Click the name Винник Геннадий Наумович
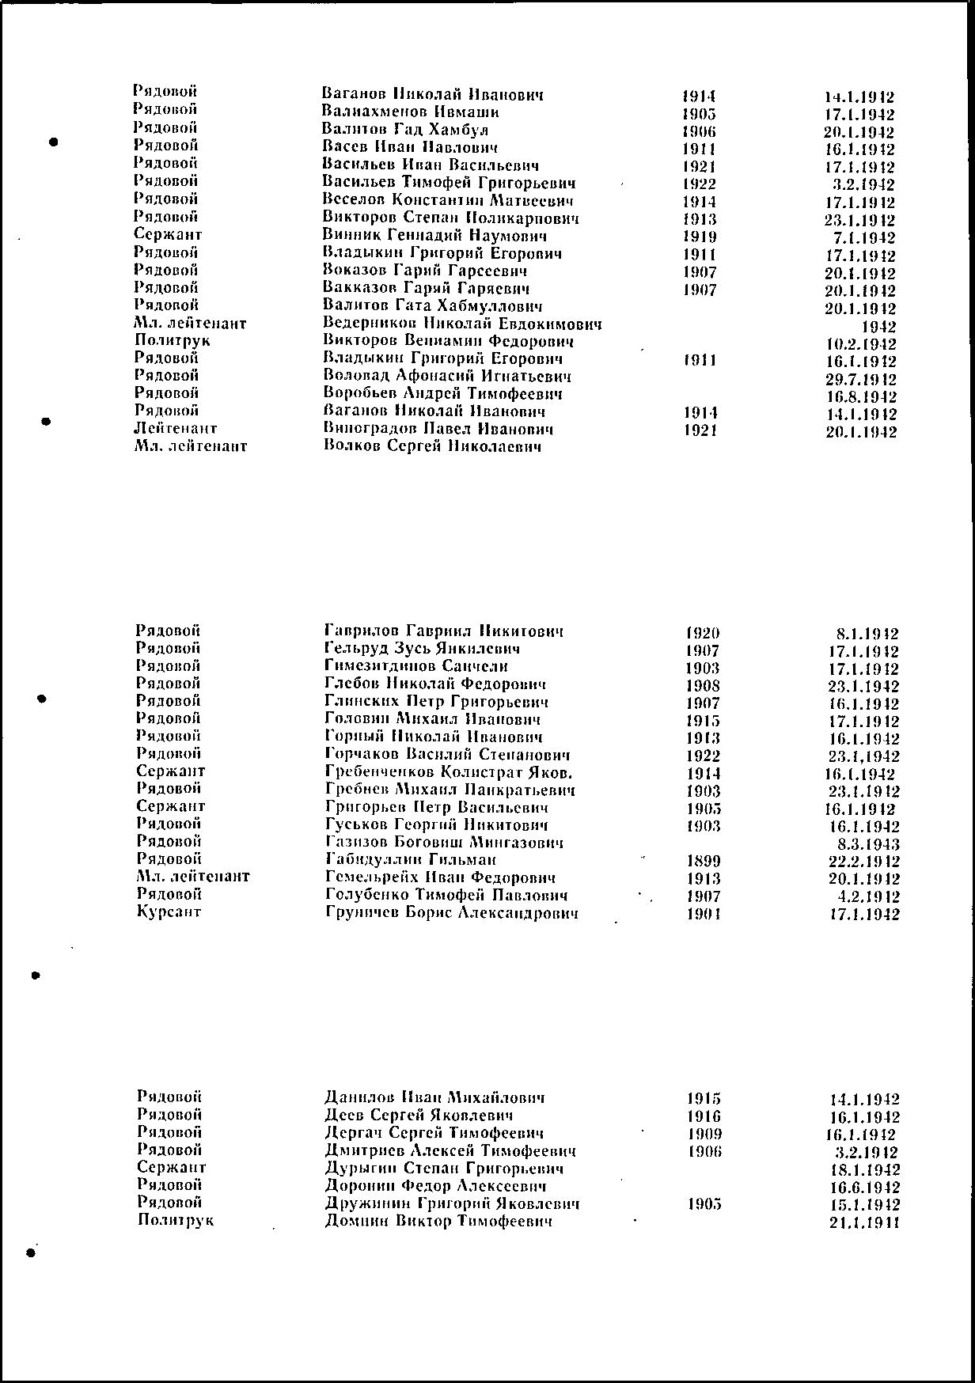435,236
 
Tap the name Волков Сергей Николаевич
433,447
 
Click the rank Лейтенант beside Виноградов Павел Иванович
175,429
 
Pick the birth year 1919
700,237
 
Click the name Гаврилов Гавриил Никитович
444,631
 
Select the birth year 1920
703,633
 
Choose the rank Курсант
169,911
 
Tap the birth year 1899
704,861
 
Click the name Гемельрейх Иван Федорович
440,877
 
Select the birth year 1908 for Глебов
704,685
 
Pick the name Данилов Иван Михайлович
434,1097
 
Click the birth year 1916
704,1116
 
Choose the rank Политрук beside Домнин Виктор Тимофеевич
175,1220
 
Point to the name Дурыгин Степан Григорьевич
444,1169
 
